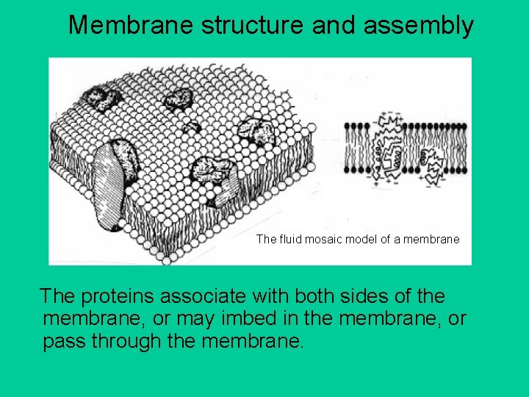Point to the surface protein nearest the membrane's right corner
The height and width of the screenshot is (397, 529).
259,132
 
